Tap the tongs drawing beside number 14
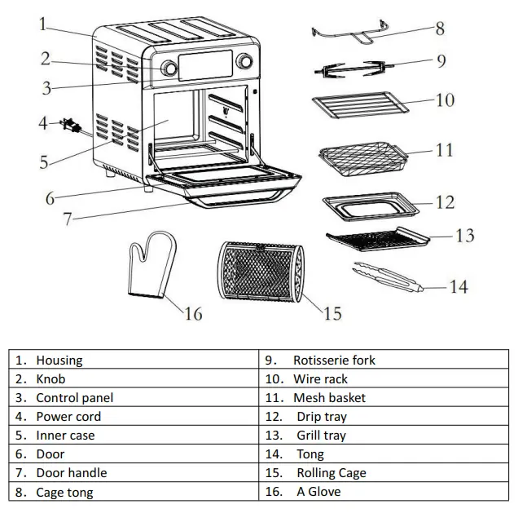(x=385, y=279)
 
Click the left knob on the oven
(x=170, y=69)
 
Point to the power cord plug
(x=70, y=126)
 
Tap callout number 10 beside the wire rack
(x=445, y=100)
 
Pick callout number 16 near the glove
(x=193, y=313)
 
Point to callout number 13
(x=464, y=236)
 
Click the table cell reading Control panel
(x=74, y=398)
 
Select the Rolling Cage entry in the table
(x=331, y=473)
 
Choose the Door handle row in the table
(x=71, y=473)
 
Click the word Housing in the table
(x=59, y=360)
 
